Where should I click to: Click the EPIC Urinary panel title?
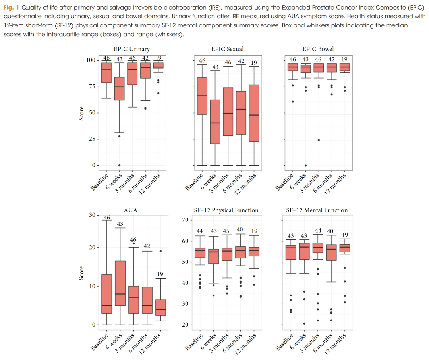[x=131, y=49]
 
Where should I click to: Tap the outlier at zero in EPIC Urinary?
[x=119, y=165]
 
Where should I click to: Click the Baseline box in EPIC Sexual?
[x=202, y=96]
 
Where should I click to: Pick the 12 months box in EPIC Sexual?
[x=254, y=113]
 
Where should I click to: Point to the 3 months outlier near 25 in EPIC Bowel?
[x=319, y=140]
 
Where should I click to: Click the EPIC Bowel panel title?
[x=318, y=49]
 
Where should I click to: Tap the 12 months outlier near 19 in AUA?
[x=160, y=251]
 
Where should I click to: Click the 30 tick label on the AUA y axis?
[x=92, y=215]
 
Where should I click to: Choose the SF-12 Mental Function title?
[x=317, y=210]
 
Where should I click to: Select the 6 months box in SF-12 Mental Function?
[x=331, y=252]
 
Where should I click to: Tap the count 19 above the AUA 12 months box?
[x=160, y=274]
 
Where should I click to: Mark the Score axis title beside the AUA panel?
[x=81, y=273]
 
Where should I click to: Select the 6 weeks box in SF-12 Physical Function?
[x=214, y=256]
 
